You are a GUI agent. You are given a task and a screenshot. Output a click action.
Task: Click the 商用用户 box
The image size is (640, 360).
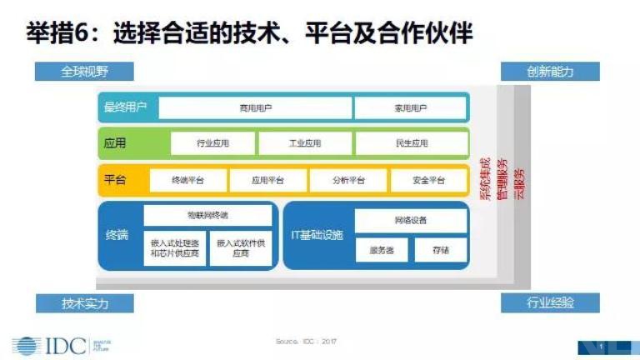255,108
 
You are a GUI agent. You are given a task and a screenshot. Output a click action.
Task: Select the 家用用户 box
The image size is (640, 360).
410,108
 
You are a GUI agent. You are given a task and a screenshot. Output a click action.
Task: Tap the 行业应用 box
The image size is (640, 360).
213,143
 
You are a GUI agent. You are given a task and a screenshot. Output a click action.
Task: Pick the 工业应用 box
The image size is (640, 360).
305,143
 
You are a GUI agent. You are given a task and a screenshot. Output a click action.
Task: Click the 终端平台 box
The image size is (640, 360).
187,180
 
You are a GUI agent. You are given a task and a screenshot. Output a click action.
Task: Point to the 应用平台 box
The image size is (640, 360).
267,180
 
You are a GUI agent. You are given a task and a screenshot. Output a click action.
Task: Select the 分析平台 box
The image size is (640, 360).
348,180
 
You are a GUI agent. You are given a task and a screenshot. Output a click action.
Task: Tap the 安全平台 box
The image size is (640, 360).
429,180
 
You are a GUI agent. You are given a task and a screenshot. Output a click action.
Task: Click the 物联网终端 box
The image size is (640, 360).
208,215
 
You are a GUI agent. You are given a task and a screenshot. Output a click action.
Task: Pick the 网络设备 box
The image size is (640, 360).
410,221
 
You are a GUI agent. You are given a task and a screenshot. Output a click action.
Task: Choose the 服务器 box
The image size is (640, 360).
382,249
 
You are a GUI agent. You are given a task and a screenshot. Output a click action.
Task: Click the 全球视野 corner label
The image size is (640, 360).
84,71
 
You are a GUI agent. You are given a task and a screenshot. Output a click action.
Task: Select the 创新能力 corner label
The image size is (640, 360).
550,71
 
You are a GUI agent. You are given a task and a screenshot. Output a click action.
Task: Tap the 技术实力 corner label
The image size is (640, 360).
84,302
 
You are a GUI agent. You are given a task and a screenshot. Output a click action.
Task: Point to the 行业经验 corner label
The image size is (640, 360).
550,302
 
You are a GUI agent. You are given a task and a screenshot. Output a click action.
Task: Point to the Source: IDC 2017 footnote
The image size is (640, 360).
307,342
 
